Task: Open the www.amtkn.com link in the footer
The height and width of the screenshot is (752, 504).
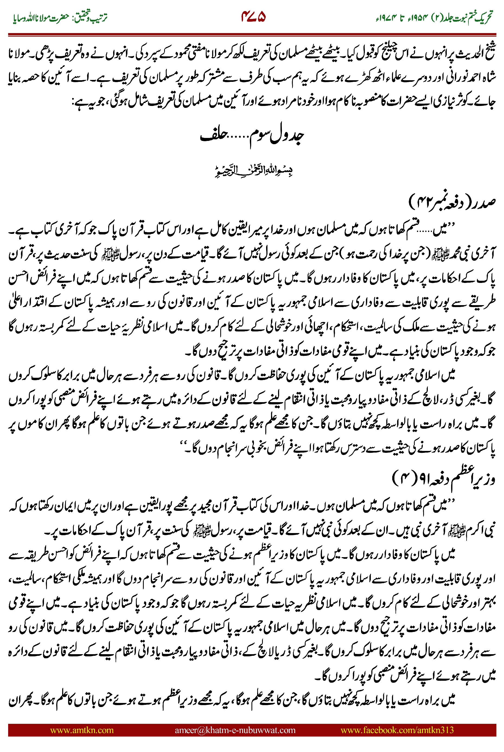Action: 82,730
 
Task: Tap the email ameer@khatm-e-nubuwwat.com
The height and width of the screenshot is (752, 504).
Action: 235,730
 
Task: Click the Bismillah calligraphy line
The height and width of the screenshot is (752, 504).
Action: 254,170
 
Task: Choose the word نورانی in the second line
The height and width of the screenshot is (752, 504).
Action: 456,78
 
